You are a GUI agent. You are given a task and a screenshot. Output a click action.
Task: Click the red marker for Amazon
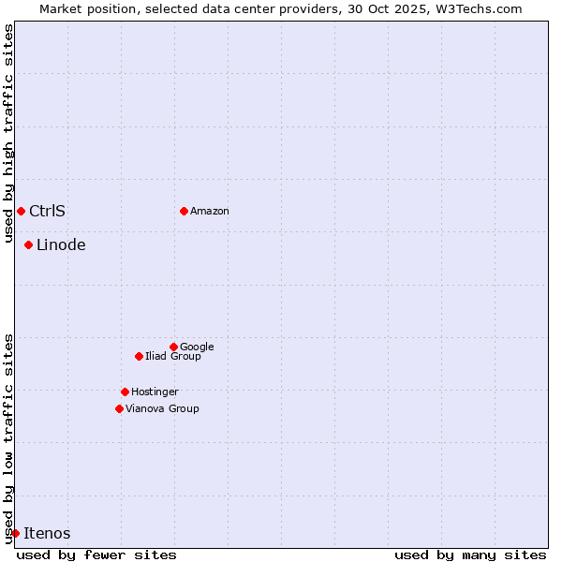point(184,211)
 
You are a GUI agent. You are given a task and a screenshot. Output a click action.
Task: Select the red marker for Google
point(173,347)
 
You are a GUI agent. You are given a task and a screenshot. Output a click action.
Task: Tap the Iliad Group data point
point(139,356)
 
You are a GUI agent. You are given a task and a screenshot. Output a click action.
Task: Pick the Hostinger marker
point(125,392)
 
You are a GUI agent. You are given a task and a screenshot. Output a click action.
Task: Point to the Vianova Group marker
point(119,408)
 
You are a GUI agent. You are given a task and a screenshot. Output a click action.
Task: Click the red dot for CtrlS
point(21,211)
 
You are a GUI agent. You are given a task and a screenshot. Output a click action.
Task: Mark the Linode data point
point(28,244)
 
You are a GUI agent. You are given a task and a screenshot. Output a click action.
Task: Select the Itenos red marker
point(15,533)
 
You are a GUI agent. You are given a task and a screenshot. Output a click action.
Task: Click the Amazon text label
point(210,212)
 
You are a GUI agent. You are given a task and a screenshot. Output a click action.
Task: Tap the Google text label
point(197,348)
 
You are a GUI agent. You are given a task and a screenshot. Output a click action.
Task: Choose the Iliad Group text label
point(173,357)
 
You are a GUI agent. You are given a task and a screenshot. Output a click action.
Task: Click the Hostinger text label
point(155,392)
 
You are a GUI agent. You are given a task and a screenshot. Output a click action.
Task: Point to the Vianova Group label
point(162,409)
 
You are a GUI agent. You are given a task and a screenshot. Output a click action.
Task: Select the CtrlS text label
point(47,212)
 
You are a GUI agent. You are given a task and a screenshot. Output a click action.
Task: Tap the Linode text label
point(61,245)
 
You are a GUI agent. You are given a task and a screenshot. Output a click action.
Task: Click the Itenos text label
point(47,534)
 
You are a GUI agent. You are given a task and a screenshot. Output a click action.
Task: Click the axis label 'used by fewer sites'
point(96,555)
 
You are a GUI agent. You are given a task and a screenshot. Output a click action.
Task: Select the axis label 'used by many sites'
point(470,555)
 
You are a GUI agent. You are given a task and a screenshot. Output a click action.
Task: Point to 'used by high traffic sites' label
point(8,133)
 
